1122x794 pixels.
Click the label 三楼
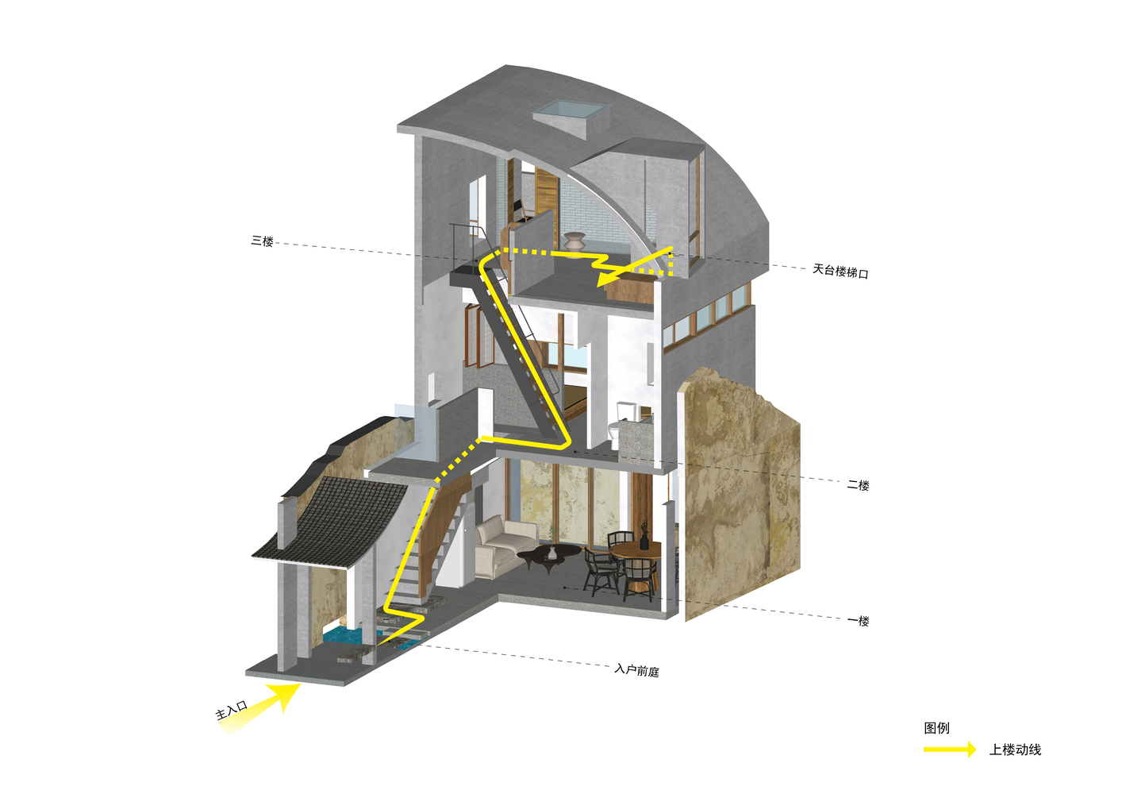pos(262,241)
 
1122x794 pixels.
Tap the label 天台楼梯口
pos(840,272)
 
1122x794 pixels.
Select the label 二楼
pos(858,484)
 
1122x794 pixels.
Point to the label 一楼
pos(858,621)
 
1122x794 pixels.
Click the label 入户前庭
pos(636,670)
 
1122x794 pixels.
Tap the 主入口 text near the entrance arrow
pos(232,710)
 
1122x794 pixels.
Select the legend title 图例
pos(936,727)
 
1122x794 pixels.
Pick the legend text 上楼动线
pos(1015,750)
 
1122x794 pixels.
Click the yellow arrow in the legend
pos(949,750)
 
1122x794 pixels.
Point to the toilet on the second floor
pos(617,430)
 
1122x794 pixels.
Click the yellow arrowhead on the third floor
pos(608,279)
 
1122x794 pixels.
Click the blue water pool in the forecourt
pos(344,636)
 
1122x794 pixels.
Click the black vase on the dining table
pos(644,539)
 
